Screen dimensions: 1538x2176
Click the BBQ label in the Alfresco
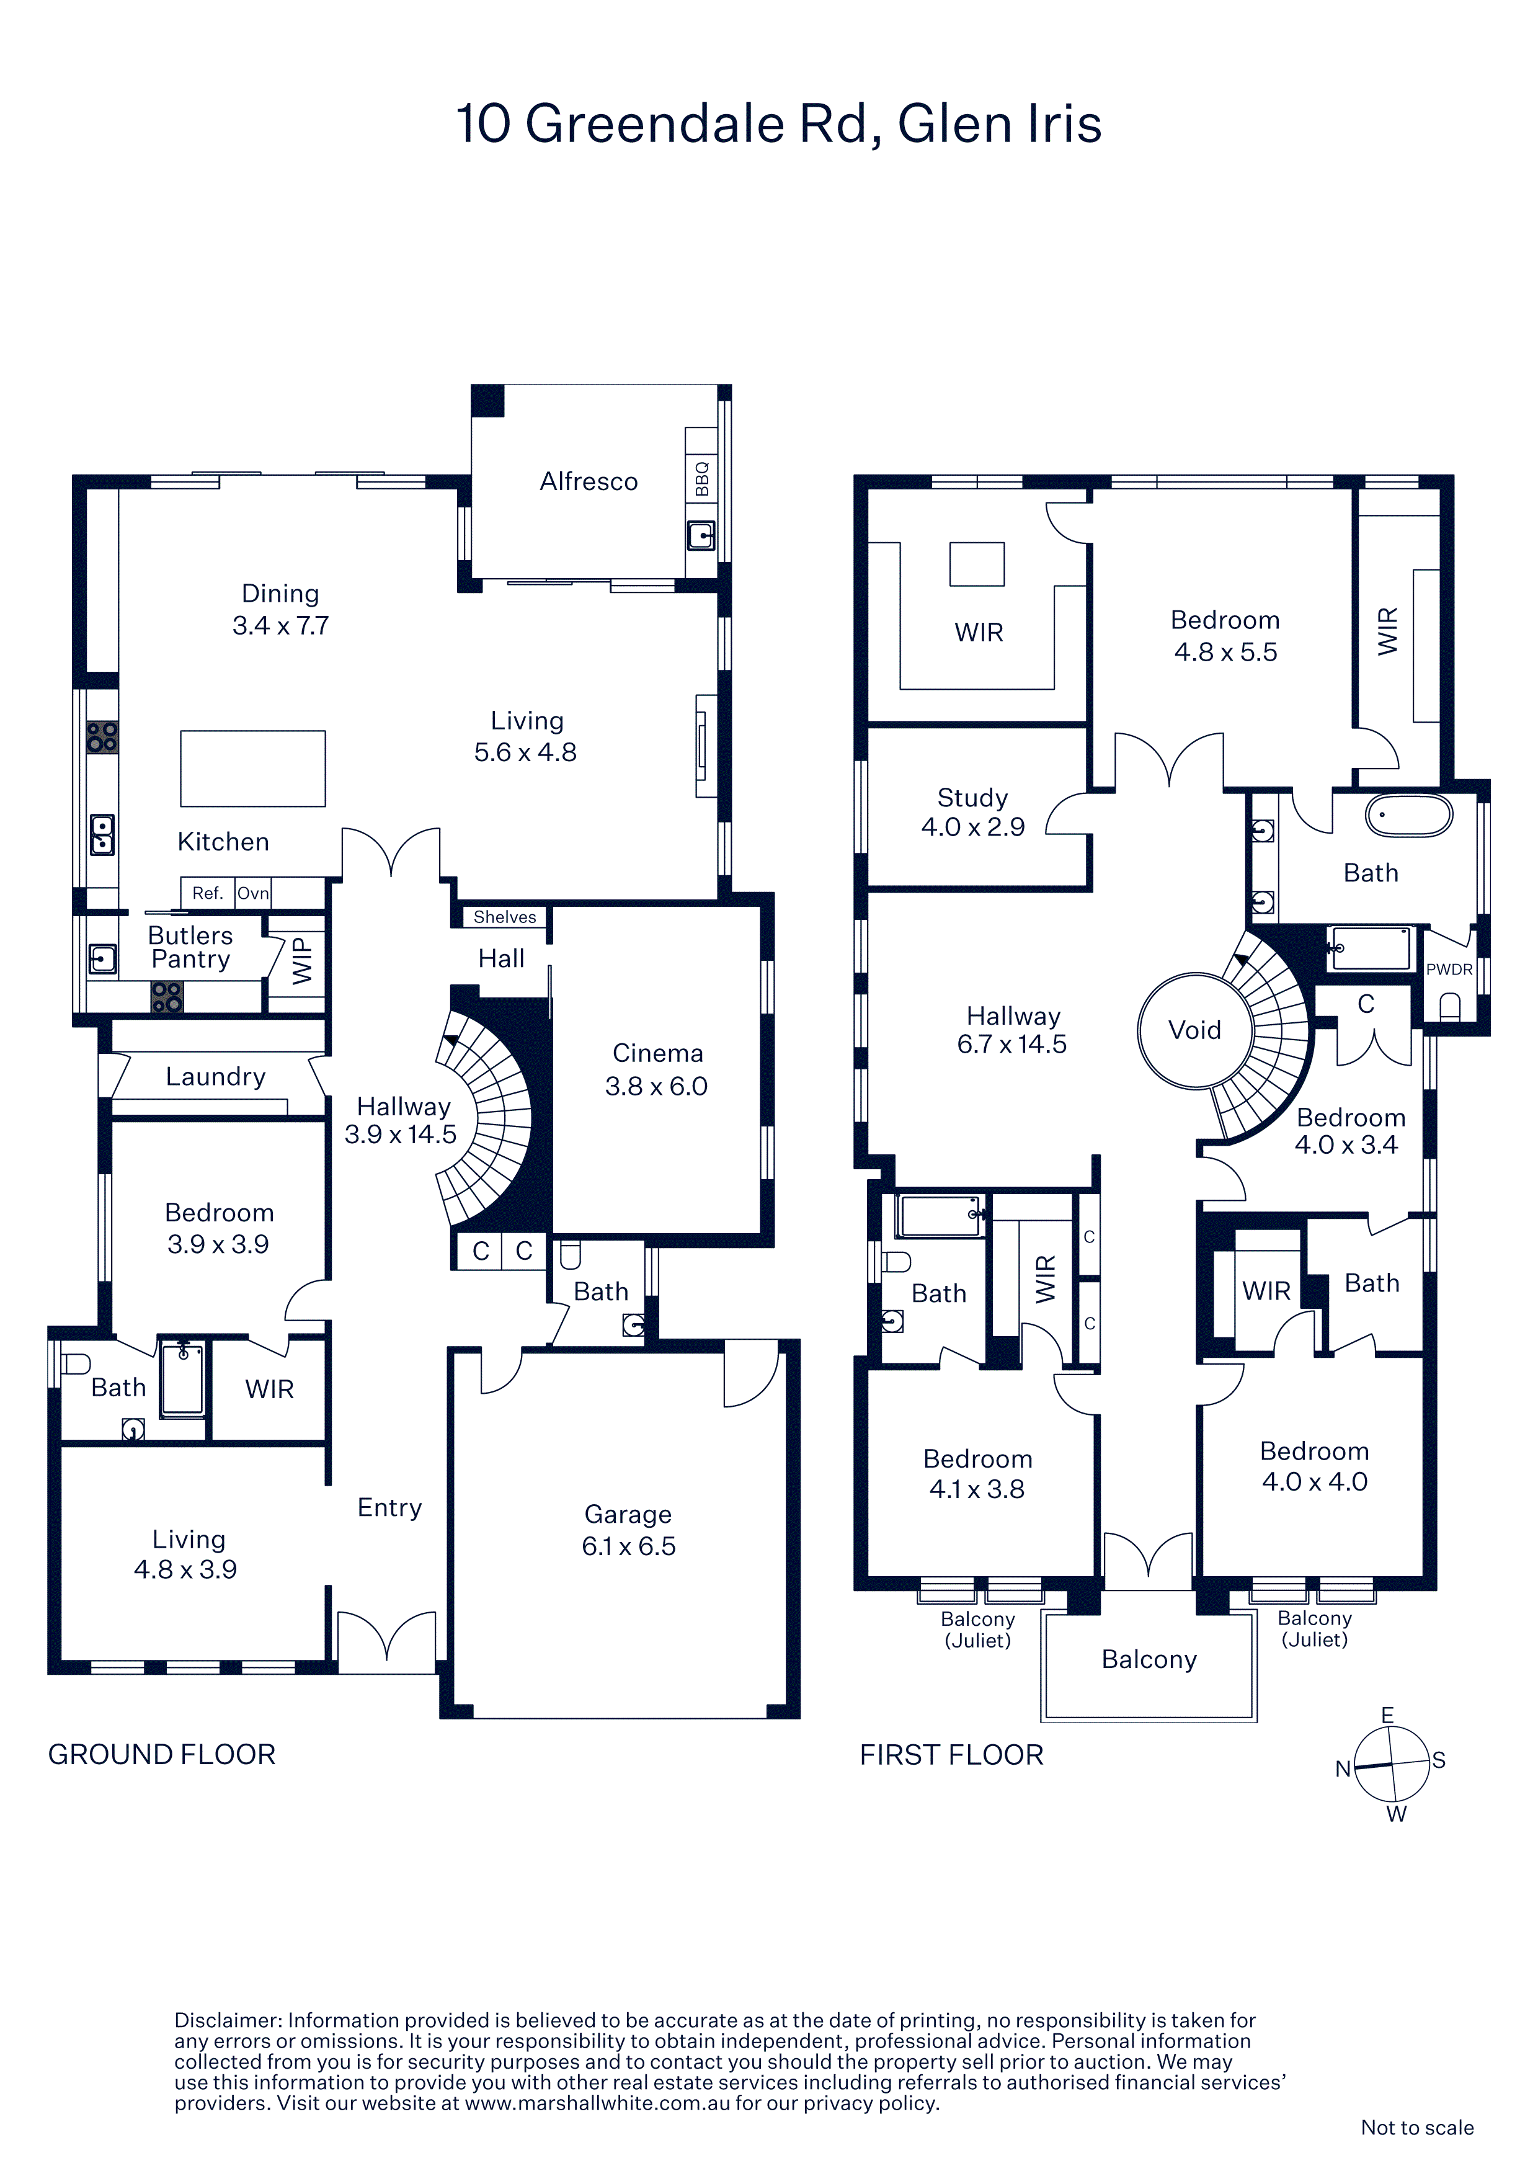[x=702, y=479]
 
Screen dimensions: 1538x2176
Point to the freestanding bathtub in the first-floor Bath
[x=1408, y=815]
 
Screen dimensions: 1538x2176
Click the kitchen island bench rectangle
[x=253, y=769]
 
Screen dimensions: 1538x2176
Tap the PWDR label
[x=1449, y=970]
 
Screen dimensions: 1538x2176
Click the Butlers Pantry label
[x=190, y=947]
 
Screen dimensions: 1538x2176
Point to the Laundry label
[x=216, y=1077]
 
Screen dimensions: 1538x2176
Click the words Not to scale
[x=1418, y=2128]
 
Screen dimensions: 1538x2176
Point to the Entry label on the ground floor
[x=389, y=1508]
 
